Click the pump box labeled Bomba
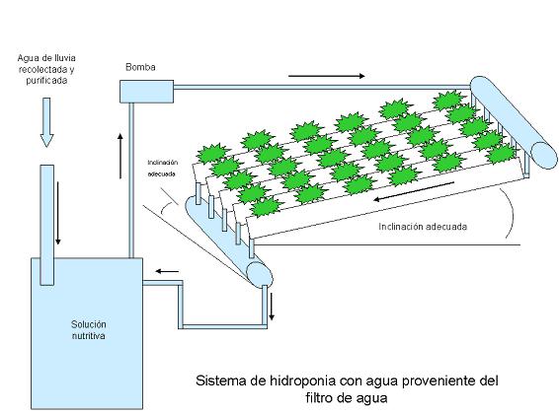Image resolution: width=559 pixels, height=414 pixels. click(x=146, y=92)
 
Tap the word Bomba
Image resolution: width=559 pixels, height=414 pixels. click(x=140, y=67)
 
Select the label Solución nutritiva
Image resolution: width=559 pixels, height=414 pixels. click(x=89, y=330)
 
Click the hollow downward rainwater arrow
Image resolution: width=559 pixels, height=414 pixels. click(x=46, y=122)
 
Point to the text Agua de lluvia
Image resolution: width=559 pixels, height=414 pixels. click(x=46, y=57)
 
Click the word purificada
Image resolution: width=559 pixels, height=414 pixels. click(x=46, y=81)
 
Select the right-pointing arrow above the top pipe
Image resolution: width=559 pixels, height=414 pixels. click(x=327, y=76)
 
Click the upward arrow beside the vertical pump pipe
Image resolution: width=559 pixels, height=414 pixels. click(x=120, y=156)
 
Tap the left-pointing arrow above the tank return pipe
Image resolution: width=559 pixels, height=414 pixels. click(x=167, y=272)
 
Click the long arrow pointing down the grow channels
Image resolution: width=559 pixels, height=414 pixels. click(x=414, y=191)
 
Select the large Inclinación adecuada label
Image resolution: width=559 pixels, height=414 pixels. click(x=423, y=227)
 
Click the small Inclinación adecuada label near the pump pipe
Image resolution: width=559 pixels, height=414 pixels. click(x=163, y=169)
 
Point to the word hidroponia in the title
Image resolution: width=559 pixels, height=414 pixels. click(x=302, y=380)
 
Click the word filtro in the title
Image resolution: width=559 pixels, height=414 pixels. click(x=318, y=397)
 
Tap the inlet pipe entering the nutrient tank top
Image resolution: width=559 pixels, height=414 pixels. click(x=47, y=225)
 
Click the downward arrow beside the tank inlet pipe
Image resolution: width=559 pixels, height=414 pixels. click(x=58, y=213)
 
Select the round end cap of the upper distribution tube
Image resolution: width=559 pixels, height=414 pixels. click(x=543, y=156)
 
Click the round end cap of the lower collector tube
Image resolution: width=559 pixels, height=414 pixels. click(x=260, y=274)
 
